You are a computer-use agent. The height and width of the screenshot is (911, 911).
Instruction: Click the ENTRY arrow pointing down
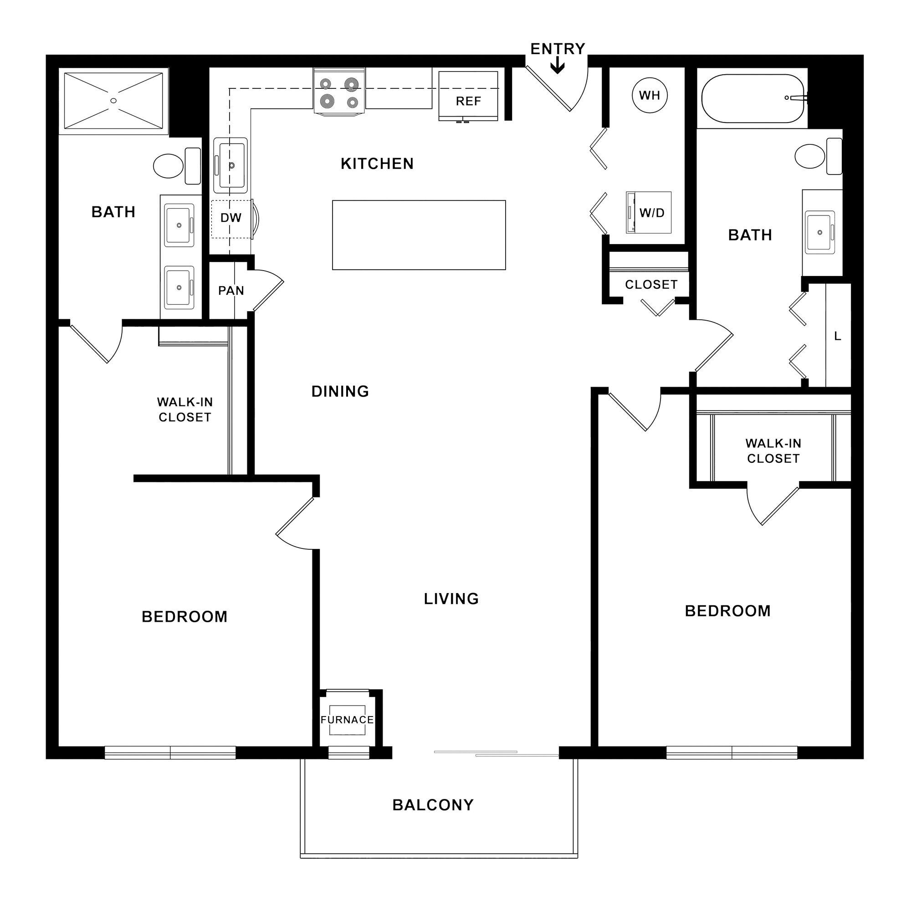pos(558,66)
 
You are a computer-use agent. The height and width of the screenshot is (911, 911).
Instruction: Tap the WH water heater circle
pos(649,95)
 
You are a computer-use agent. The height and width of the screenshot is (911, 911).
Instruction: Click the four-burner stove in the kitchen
pos(339,91)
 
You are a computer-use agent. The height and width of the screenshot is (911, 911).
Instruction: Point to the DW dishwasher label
pos(231,218)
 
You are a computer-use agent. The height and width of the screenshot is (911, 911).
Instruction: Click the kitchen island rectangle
pos(419,235)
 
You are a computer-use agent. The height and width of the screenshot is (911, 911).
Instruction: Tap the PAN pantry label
pos(231,291)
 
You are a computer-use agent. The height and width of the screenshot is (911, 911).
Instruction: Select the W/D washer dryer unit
pos(648,212)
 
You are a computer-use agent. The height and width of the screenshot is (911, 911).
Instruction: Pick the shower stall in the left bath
pos(113,100)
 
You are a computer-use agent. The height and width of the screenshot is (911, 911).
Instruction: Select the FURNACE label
pos(347,720)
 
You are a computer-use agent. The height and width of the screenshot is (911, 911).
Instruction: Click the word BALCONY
pos(433,804)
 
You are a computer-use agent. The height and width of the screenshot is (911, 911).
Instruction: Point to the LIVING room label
pos(451,599)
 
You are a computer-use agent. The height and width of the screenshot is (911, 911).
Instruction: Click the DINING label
pos(340,391)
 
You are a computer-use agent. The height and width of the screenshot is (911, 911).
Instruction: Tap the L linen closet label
pos(838,336)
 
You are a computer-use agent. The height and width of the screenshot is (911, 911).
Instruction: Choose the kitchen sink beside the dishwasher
pos(230,165)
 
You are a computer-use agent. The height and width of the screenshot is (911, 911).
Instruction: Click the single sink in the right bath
pos(819,232)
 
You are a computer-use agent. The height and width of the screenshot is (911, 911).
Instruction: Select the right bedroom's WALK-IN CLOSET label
pos(773,450)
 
